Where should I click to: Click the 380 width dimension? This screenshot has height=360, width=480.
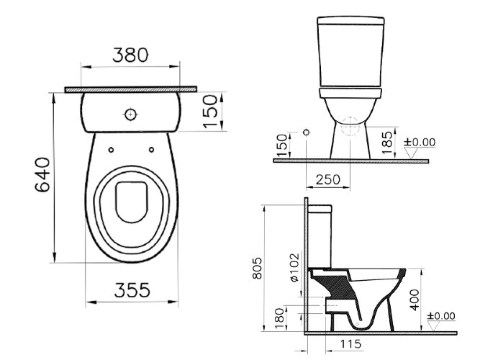coord(130,55)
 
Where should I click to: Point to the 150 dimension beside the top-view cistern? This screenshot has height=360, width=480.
coord(210,111)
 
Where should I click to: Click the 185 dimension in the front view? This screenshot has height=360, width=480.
coord(389,141)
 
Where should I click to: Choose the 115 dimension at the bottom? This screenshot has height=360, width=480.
coord(350,345)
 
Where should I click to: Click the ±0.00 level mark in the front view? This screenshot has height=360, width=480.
coord(420,143)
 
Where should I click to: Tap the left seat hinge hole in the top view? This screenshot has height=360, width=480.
coord(112,150)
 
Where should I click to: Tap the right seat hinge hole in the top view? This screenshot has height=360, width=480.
coord(151,150)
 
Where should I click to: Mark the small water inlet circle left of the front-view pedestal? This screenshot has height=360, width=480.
coord(307,133)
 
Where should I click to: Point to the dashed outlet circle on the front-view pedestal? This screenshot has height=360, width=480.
coord(350,127)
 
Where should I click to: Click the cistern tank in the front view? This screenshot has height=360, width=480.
coord(349,50)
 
